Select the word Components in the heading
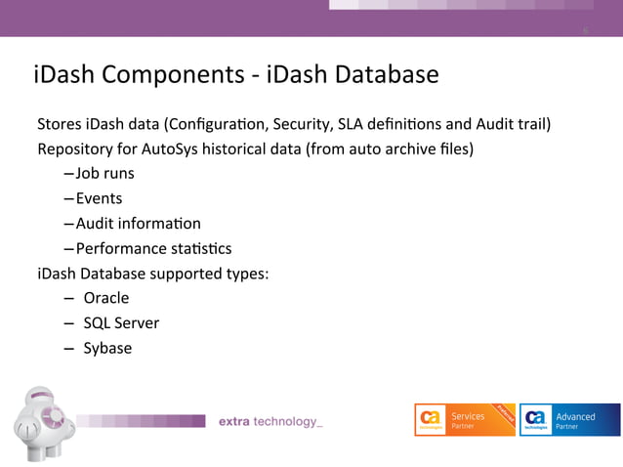172,74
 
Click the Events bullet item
99,198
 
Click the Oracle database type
105,298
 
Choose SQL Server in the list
121,322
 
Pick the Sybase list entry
107,348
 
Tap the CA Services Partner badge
464,421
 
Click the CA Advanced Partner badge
569,421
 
